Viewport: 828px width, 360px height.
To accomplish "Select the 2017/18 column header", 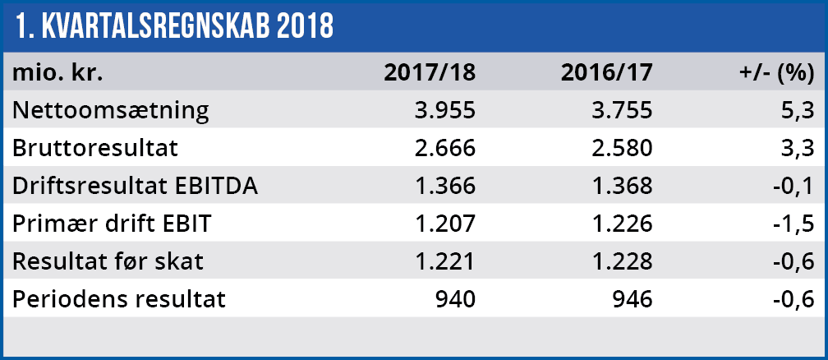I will pyautogui.click(x=430, y=72).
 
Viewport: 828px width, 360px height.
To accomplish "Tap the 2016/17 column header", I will pyautogui.click(x=607, y=72).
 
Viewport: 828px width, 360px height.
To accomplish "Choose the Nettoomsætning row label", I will pyautogui.click(x=110, y=109).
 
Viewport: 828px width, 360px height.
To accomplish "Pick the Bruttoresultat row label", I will pyautogui.click(x=95, y=148).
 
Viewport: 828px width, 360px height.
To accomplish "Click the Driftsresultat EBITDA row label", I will pyautogui.click(x=136, y=186).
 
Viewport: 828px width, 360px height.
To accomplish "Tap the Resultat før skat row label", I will pyautogui.click(x=108, y=261).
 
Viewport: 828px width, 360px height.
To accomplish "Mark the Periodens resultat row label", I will pyautogui.click(x=118, y=299).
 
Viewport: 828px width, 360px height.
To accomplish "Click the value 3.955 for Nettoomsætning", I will pyautogui.click(x=444, y=109).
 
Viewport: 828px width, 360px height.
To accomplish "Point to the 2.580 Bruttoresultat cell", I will pyautogui.click(x=621, y=148).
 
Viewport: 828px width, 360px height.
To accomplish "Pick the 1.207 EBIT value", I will pyautogui.click(x=444, y=224).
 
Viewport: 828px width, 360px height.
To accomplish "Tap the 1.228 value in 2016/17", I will pyautogui.click(x=621, y=261).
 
